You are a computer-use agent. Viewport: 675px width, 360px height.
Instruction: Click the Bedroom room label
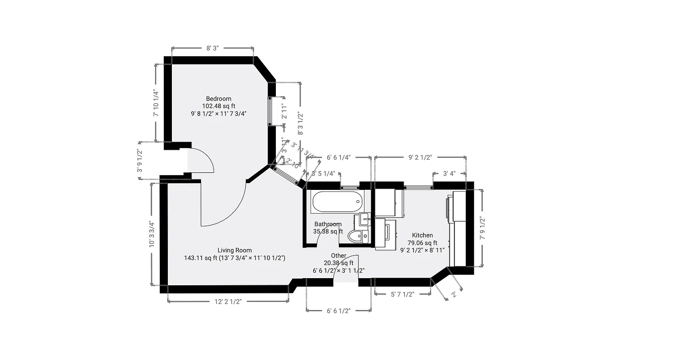(x=219, y=99)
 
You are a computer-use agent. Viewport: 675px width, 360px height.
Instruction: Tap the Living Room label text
(x=234, y=250)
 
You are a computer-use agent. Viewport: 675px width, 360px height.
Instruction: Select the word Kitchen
(x=422, y=235)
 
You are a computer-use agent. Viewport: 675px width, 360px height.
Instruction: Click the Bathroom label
(x=328, y=224)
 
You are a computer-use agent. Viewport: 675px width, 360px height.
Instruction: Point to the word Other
(x=338, y=256)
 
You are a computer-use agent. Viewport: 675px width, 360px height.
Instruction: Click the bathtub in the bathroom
(x=337, y=202)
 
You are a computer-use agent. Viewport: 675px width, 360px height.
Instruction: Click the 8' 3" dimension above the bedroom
(x=212, y=48)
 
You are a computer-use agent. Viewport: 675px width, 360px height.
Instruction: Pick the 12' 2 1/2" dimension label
(x=228, y=301)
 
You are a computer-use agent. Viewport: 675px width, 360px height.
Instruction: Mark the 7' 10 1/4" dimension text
(x=156, y=103)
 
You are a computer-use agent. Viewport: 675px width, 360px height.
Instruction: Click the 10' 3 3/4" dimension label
(x=152, y=234)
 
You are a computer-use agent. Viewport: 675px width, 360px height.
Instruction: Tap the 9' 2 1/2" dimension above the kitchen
(x=420, y=157)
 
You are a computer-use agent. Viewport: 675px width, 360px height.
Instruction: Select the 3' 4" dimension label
(x=450, y=174)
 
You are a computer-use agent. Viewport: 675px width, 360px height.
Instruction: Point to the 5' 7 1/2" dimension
(x=402, y=294)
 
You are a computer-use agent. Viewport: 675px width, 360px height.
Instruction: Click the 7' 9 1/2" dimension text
(x=482, y=228)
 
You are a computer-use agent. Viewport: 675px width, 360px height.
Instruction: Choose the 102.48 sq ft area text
(x=219, y=106)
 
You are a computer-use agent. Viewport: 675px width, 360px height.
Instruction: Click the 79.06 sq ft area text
(x=422, y=243)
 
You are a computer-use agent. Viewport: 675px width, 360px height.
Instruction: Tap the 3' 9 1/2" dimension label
(x=139, y=161)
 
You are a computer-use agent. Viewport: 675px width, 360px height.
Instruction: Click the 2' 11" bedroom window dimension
(x=284, y=111)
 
